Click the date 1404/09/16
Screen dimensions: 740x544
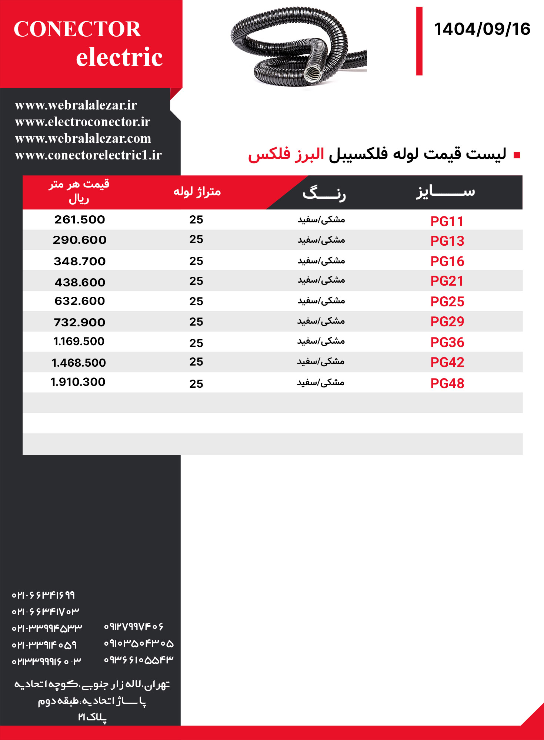coord(482,29)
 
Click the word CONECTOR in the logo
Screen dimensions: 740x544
coord(77,29)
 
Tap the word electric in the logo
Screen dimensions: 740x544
coord(119,57)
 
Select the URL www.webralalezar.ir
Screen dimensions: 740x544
coord(76,105)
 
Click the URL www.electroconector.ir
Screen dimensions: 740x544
coord(83,122)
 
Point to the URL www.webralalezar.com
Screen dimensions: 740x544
coord(83,138)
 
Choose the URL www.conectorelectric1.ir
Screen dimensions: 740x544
coord(88,155)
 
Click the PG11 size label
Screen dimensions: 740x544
coord(447,221)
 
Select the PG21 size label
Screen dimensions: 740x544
coord(447,281)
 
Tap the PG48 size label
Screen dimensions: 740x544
coord(447,383)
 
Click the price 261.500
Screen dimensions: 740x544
coord(80,220)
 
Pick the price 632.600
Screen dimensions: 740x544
coord(80,301)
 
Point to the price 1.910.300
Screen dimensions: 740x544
coord(78,382)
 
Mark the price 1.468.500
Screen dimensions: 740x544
coord(79,363)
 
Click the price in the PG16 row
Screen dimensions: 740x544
coord(80,261)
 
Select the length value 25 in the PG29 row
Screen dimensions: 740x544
coord(196,322)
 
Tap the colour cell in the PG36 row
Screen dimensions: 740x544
coord(321,341)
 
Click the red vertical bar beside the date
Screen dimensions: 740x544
coord(419,41)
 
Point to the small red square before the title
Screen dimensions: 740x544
coord(517,155)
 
